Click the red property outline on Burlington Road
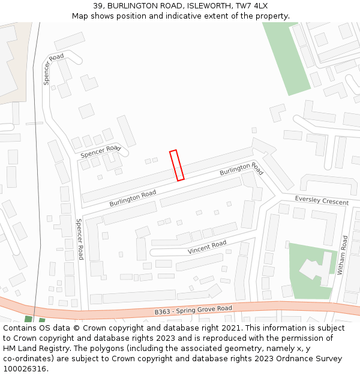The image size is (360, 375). click(x=176, y=165)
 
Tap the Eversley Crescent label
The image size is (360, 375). click(x=322, y=200)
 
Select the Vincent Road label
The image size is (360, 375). click(x=207, y=247)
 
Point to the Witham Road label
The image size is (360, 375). click(x=343, y=255)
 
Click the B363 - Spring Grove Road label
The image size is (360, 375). click(x=193, y=310)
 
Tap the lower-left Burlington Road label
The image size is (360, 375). click(x=133, y=198)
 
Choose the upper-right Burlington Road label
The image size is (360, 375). click(x=241, y=168)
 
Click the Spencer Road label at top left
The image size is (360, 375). click(x=53, y=69)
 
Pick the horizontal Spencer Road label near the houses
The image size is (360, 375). click(x=100, y=152)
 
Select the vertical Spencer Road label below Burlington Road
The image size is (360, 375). click(x=80, y=238)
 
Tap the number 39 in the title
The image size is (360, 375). click(x=98, y=6)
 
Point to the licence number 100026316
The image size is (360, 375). click(x=26, y=368)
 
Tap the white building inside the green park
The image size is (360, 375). click(x=316, y=268)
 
